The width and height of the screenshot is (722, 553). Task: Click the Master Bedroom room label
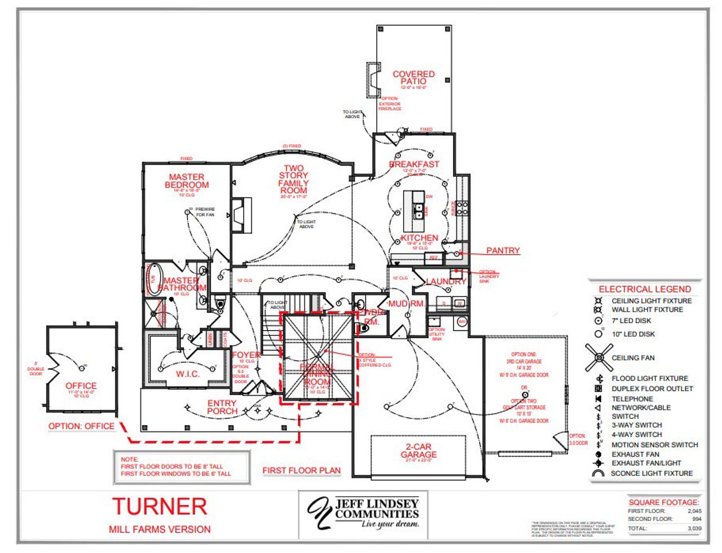[187, 181]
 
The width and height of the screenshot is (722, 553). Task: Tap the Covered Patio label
[413, 77]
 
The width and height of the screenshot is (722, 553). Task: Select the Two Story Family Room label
[293, 179]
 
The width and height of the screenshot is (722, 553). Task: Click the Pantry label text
[503, 250]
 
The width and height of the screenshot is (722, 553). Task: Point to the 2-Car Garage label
[419, 450]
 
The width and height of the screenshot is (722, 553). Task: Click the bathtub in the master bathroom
[153, 278]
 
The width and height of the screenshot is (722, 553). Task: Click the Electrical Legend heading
[645, 289]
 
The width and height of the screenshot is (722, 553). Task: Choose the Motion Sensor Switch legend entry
[654, 445]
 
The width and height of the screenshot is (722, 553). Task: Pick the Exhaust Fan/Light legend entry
[646, 463]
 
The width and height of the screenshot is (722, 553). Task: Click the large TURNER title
[160, 506]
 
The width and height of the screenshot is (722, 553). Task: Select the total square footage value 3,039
[694, 529]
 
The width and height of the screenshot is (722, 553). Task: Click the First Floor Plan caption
[301, 470]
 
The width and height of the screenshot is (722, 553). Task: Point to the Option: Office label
[81, 426]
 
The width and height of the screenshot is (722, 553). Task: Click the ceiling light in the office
[82, 368]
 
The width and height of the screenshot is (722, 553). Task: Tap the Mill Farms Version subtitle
[160, 529]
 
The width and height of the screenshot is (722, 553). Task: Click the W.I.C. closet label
[187, 374]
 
